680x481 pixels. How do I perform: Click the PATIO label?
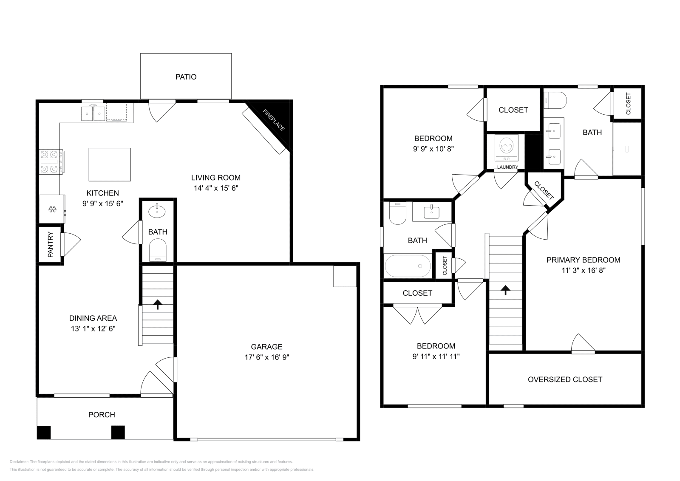[x=186, y=77]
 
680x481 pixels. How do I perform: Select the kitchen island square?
[x=110, y=164]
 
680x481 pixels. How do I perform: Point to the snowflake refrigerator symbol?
[x=52, y=209]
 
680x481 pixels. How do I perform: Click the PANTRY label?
[x=51, y=245]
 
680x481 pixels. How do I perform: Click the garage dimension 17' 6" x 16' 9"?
[x=266, y=357]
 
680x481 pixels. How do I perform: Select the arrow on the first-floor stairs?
[x=158, y=304]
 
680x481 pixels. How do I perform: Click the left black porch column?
[x=44, y=432]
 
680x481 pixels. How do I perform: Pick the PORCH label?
[x=102, y=415]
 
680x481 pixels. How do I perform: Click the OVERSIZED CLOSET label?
[x=565, y=379]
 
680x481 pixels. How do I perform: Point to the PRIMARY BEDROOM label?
[x=583, y=260]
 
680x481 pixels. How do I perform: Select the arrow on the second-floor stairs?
[x=505, y=290]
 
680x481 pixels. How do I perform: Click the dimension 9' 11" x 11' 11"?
[x=436, y=357]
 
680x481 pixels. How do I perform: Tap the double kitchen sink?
[x=93, y=114]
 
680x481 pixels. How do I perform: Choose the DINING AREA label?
[x=93, y=318]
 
